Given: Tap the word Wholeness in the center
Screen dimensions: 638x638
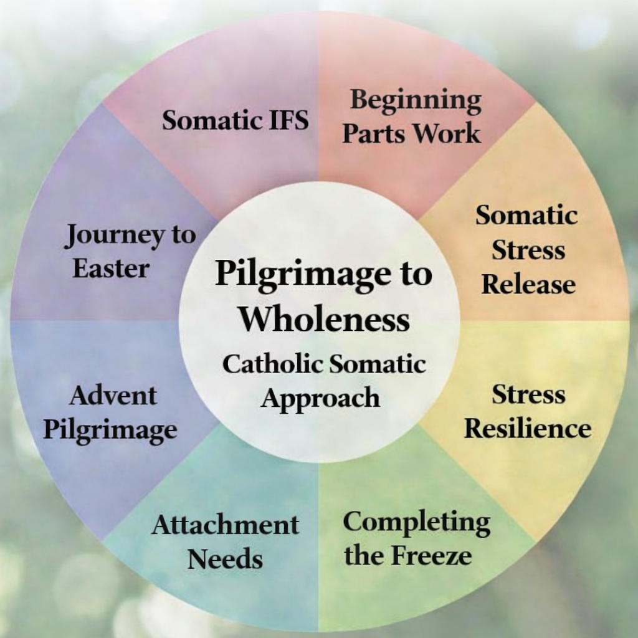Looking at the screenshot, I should (x=325, y=318).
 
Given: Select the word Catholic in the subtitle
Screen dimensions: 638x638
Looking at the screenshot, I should (x=272, y=364).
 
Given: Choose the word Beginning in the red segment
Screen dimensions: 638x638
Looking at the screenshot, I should (x=416, y=100).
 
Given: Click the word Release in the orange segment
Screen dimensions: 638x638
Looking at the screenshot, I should (x=528, y=285).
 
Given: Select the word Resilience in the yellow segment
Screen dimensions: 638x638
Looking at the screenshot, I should (x=528, y=429).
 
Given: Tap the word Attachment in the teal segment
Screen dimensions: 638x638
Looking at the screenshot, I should (x=225, y=525).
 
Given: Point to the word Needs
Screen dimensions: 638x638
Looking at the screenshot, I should (x=225, y=559).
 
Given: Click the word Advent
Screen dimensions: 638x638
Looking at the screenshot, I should (x=113, y=396).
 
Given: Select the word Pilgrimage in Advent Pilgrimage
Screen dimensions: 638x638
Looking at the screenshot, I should (x=110, y=431).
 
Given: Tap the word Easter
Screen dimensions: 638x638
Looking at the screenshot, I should (x=111, y=269).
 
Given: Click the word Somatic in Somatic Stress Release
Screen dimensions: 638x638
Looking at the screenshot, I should (x=526, y=216).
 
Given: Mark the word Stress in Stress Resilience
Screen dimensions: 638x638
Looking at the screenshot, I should (x=528, y=394).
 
